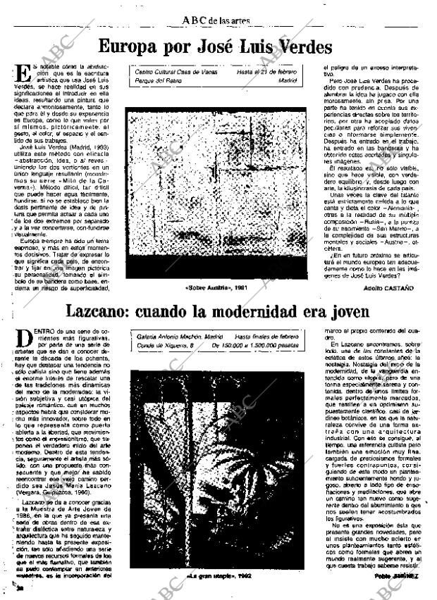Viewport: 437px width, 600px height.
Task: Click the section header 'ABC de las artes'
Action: [x=216, y=20]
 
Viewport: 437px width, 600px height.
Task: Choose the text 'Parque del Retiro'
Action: [x=156, y=81]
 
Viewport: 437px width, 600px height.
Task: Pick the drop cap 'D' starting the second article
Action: [x=20, y=336]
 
